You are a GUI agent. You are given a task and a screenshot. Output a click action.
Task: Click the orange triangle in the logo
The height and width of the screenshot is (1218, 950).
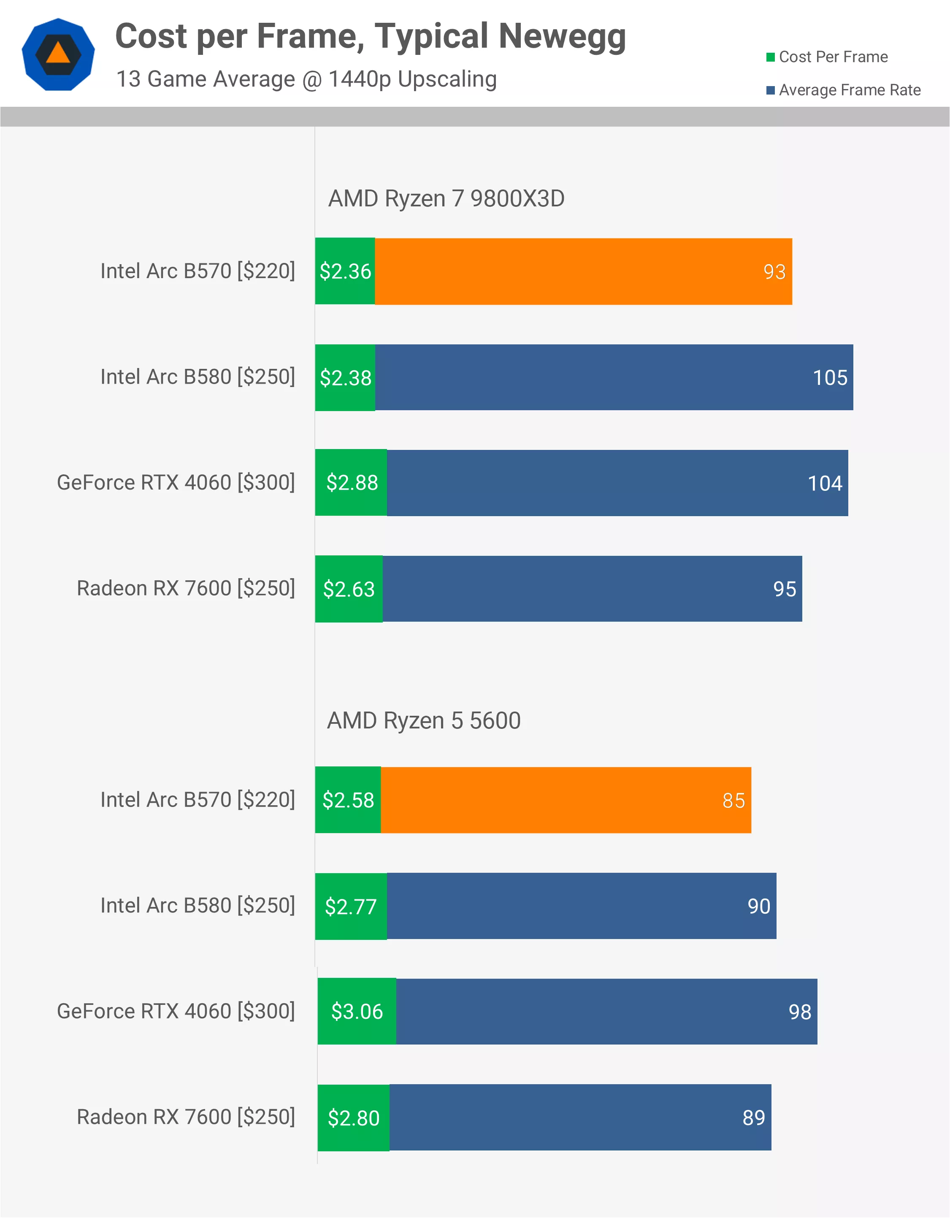58,54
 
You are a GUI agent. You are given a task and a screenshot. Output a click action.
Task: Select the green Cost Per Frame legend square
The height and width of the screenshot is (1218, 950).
770,57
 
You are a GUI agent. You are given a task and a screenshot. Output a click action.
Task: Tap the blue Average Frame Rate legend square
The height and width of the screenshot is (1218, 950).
770,90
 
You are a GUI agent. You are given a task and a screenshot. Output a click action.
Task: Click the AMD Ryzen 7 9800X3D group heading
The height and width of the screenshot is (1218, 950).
446,198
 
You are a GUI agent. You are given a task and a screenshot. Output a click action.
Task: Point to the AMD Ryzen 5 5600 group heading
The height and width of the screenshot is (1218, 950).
423,720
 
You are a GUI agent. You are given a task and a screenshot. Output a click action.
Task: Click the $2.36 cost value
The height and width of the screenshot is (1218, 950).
345,272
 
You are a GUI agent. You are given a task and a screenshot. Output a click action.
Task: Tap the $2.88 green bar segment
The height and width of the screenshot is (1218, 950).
352,483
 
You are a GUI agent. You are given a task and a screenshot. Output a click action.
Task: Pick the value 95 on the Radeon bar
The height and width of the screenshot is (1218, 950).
784,589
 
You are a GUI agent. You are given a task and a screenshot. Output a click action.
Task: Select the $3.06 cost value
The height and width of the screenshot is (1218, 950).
357,1012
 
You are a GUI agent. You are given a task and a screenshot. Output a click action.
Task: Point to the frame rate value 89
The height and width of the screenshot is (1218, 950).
754,1118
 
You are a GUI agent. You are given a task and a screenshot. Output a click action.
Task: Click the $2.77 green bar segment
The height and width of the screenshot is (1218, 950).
351,906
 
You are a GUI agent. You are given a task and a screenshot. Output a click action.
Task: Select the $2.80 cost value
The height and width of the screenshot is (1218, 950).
354,1118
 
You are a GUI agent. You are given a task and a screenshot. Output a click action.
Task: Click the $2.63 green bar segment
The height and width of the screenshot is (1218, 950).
349,589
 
